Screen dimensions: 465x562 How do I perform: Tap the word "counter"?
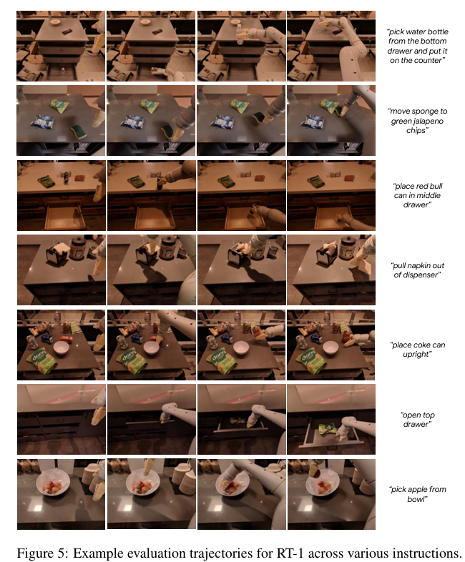click(x=430, y=61)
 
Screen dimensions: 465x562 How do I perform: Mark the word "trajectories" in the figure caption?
click(x=227, y=553)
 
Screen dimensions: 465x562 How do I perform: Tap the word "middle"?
click(x=428, y=196)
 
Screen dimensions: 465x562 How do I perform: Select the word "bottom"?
click(x=435, y=41)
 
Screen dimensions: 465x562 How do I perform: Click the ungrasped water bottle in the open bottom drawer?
click(x=63, y=71)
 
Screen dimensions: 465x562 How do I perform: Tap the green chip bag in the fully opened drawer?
click(x=327, y=429)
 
